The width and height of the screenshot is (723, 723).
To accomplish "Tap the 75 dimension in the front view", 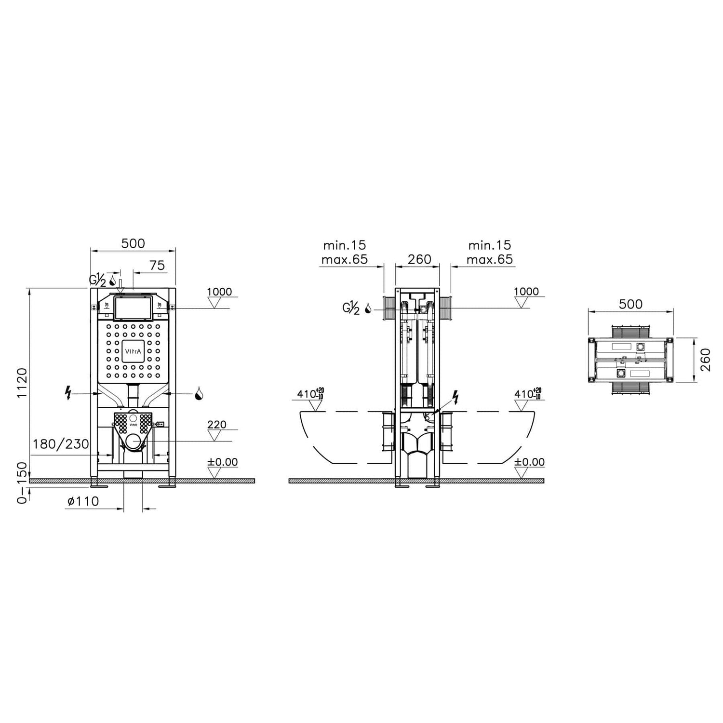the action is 157,265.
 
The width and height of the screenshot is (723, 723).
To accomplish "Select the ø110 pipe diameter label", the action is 83,501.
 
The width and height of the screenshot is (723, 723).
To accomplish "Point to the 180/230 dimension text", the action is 61,443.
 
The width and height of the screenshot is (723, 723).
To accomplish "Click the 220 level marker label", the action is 217,425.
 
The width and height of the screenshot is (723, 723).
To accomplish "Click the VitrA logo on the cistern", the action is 133,351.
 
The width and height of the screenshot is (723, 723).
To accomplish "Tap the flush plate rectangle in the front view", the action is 133,308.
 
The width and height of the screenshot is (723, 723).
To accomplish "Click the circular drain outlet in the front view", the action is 134,441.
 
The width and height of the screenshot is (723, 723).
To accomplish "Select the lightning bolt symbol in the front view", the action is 68,393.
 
